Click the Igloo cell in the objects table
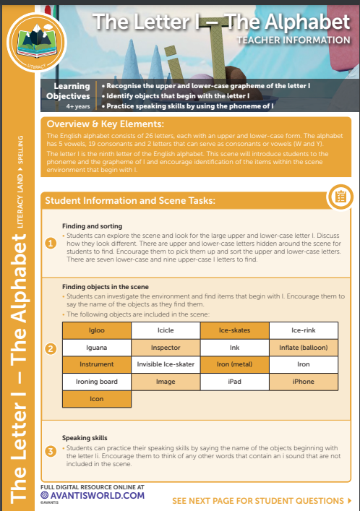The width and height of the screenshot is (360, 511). (97, 330)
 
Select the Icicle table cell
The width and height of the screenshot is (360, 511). (166, 330)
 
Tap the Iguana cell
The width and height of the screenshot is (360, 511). (97, 348)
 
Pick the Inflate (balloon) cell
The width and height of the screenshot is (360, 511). (304, 348)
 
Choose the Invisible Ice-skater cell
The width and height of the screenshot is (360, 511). (166, 364)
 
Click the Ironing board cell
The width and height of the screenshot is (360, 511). (97, 382)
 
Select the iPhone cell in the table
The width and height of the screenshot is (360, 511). (304, 382)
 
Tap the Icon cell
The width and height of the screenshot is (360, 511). (97, 399)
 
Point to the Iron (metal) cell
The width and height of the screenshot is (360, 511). (235, 364)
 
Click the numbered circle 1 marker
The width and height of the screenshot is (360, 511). (51, 243)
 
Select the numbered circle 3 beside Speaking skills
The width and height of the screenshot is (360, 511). (51, 451)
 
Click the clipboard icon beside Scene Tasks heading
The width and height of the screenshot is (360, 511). (340, 197)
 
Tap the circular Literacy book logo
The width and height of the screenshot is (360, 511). (37, 42)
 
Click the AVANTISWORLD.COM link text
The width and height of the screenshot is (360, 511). (97, 496)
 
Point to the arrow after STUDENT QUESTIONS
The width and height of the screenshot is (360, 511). (350, 501)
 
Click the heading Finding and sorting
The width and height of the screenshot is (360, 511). (93, 226)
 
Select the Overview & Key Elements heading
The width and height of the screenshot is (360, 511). (106, 124)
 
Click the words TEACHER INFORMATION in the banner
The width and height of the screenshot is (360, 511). (293, 40)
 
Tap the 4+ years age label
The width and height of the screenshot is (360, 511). (78, 106)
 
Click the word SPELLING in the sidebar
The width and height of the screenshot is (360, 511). (20, 150)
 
